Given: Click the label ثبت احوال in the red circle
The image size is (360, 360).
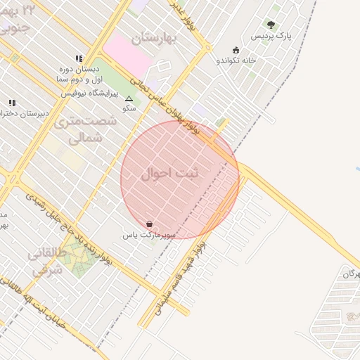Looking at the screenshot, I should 170,173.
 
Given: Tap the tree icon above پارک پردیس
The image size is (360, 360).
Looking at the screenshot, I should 271,25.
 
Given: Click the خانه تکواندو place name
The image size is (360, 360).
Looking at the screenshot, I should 236,60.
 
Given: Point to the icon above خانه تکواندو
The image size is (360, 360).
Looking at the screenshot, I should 236,50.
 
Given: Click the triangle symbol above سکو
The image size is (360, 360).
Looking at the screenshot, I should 129,98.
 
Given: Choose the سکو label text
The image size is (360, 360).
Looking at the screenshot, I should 129,108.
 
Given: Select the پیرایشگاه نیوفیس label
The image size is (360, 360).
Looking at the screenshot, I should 91,92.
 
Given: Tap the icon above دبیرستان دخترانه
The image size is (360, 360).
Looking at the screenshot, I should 11,103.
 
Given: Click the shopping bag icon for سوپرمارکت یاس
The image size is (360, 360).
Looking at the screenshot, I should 149,223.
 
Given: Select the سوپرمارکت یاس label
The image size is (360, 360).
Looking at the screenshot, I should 149,233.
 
